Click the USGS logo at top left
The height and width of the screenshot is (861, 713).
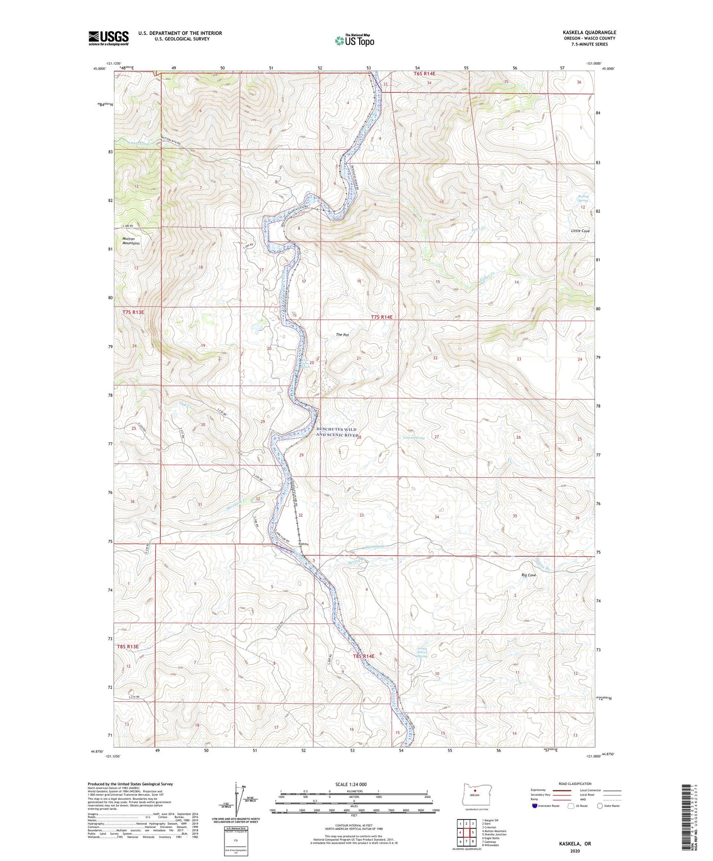click(108, 38)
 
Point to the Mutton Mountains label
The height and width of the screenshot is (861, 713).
click(131, 241)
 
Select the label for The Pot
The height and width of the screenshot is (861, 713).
click(342, 335)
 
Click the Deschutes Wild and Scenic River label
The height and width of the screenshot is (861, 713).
click(337, 432)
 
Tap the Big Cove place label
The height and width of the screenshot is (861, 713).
click(528, 575)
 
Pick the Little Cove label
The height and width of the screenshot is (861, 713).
click(580, 231)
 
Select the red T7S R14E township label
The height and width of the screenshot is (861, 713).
click(381, 317)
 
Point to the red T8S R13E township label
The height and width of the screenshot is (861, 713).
click(128, 646)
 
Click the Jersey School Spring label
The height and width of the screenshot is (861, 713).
click(422, 652)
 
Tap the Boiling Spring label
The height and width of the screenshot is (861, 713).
click(583, 199)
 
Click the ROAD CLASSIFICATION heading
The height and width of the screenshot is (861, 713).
click(575, 784)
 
